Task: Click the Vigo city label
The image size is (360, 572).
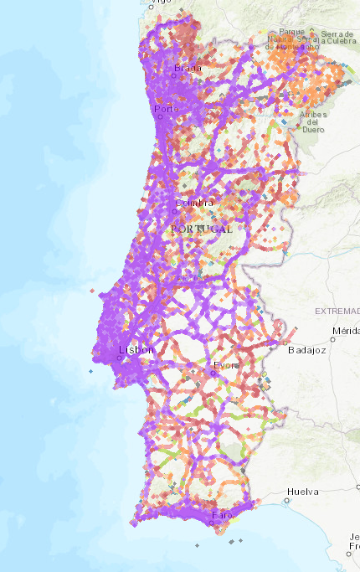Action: tap(157, 3)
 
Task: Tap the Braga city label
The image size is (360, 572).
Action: tap(188, 68)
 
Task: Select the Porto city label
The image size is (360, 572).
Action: tap(166, 109)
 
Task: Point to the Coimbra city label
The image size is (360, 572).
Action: tap(194, 203)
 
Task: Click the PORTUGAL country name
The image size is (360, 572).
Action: tap(201, 228)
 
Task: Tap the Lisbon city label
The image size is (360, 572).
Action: tap(136, 349)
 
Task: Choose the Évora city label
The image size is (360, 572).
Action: tap(226, 365)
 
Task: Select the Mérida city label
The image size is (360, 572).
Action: tap(346, 331)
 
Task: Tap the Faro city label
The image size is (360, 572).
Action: tap(221, 515)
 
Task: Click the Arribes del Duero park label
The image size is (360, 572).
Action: tap(313, 121)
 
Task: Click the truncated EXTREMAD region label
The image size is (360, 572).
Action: tap(337, 311)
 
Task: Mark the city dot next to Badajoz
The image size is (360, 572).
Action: tap(286, 342)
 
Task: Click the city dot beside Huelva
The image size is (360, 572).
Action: tap(287, 499)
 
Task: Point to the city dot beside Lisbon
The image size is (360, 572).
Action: tap(120, 358)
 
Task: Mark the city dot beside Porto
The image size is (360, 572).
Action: tap(156, 107)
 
